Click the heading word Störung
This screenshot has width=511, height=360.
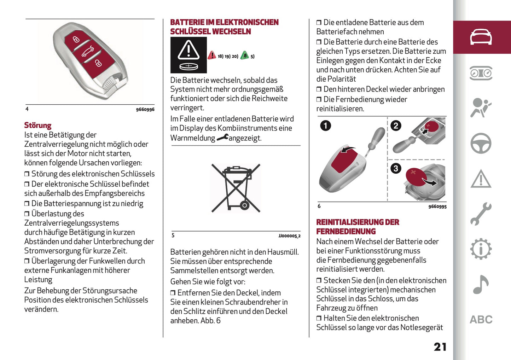(38, 126)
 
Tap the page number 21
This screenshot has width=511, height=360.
(440, 347)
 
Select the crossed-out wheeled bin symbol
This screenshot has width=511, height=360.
(236, 188)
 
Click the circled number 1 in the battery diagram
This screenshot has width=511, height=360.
(325, 126)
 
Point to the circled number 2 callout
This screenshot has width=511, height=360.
(396, 126)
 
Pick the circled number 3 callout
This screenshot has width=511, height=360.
(396, 168)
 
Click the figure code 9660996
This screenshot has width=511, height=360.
(145, 110)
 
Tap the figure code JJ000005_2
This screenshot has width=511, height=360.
(289, 236)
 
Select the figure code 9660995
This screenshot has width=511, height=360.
(437, 207)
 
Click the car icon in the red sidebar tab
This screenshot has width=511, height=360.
(481, 37)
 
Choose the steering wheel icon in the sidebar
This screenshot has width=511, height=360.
(481, 143)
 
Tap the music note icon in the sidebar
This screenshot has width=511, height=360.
(481, 284)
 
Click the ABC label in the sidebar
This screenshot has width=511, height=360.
(481, 320)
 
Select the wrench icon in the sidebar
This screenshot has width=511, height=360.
(481, 214)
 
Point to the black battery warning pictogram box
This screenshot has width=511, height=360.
(188, 55)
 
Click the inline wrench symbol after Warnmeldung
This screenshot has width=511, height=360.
(222, 138)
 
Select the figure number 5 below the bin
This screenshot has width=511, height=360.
(173, 236)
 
